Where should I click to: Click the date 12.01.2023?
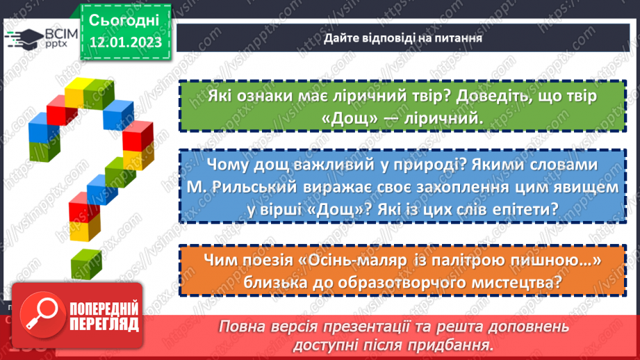124,42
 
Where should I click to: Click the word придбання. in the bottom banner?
458,344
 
